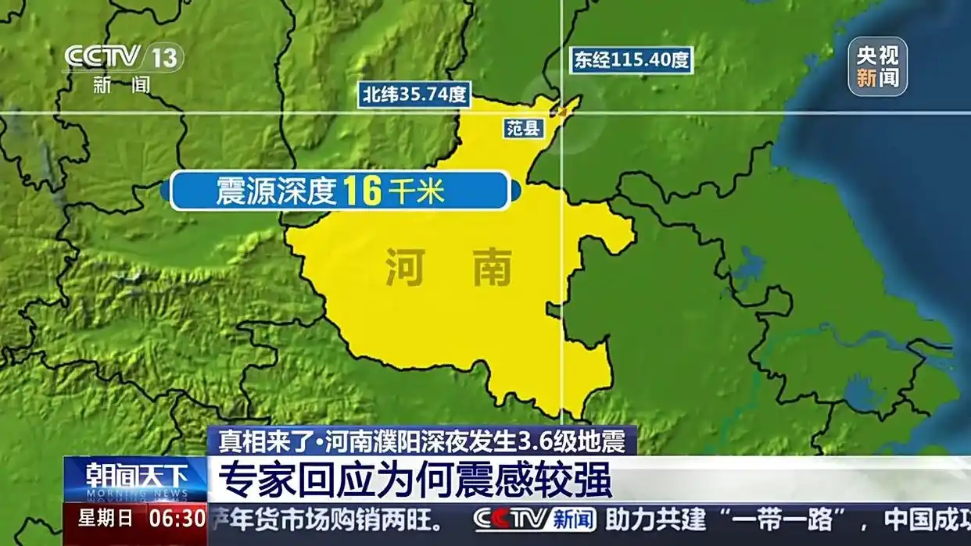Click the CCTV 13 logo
(123, 57)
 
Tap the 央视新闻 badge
(877, 66)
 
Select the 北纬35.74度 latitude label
(414, 95)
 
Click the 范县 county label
(523, 129)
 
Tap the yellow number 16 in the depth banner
(362, 191)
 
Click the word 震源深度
(275, 191)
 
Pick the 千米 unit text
(417, 191)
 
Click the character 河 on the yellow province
(406, 268)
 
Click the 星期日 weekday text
(105, 517)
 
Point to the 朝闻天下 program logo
(136, 476)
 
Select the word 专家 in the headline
(243, 480)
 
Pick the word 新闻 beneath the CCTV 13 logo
(121, 84)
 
